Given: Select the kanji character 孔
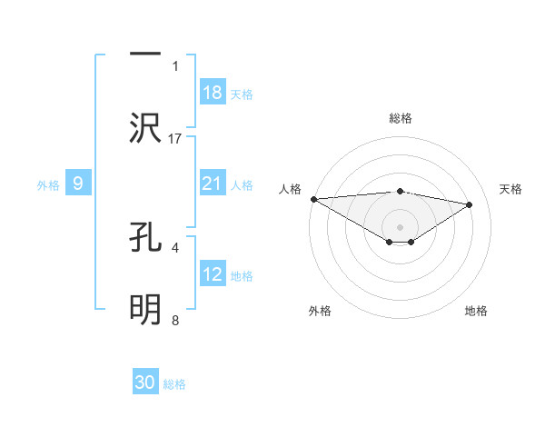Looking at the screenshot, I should (x=145, y=237).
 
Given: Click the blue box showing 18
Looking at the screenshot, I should (x=213, y=93).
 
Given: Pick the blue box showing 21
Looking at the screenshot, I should (x=213, y=184).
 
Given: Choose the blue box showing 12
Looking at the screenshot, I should (x=213, y=274).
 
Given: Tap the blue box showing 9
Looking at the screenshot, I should (x=78, y=184).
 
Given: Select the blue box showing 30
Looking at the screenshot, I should (x=145, y=382).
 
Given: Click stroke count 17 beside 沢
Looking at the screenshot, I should (x=175, y=138).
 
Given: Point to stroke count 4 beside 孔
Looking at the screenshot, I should (x=175, y=246).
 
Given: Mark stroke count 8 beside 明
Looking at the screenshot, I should (x=175, y=320).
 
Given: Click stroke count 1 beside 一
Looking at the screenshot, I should (x=175, y=66).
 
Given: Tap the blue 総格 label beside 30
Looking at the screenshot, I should (x=174, y=384).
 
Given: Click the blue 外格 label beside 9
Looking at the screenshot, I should (x=48, y=184).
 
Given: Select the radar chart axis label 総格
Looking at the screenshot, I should (x=400, y=118).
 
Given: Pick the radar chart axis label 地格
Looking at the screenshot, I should (x=476, y=311).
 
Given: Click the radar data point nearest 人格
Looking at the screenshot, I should (x=313, y=199).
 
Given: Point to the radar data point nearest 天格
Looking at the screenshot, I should (x=470, y=204).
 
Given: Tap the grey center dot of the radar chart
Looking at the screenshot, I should (x=400, y=226).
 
